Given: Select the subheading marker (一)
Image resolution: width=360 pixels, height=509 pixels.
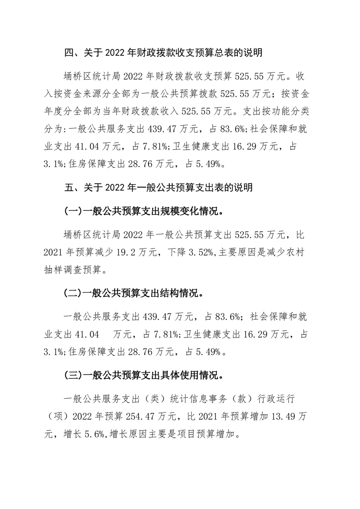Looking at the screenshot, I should pyautogui.click(x=71, y=211).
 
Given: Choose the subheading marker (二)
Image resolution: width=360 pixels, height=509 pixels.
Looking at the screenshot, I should pyautogui.click(x=71, y=293).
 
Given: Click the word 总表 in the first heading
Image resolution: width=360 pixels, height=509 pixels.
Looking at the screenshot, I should pyautogui.click(x=222, y=54).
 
